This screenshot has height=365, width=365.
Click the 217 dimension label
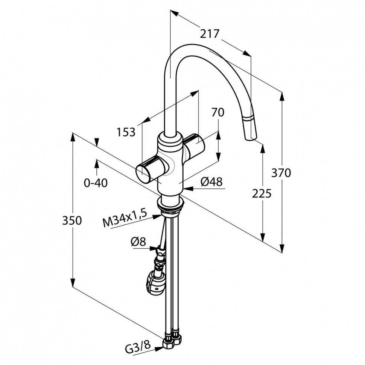[x=210, y=34]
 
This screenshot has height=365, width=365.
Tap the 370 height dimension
[x=281, y=173]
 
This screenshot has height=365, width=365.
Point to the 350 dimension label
[x=72, y=220]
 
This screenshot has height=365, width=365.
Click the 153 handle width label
[x=126, y=132]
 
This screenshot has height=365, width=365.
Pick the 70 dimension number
[x=217, y=112]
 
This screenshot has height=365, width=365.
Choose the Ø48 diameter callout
[x=211, y=182]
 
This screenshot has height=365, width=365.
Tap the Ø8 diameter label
[x=138, y=242]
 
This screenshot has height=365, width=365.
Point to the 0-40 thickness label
[x=96, y=183]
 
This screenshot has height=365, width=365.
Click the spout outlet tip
[x=251, y=138]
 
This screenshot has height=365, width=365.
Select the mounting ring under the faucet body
[x=171, y=204]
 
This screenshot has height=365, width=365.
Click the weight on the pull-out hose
[x=155, y=282]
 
